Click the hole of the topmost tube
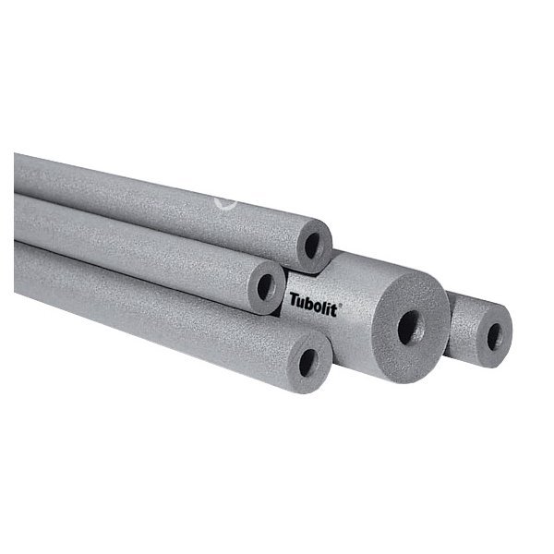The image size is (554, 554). click(312, 246)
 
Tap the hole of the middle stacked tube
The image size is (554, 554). click(266, 286)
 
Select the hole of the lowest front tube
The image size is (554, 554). click(307, 363)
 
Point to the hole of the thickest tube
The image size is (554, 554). click(411, 328)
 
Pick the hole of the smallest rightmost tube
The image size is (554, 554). click(494, 337)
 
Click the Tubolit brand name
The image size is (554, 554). click(313, 305)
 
